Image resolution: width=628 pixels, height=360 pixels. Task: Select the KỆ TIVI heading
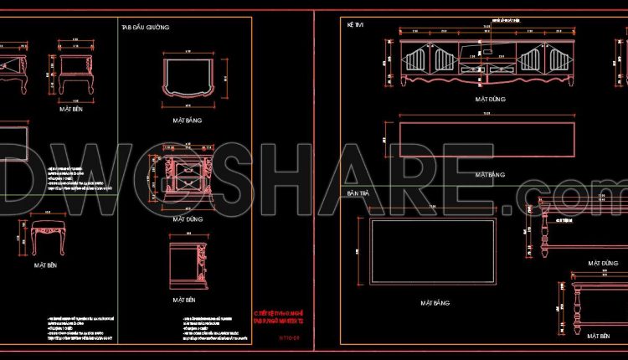[356, 26]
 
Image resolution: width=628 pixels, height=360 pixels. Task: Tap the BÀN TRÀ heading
[358, 193]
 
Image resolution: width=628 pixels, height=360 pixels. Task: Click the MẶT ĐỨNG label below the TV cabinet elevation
[489, 98]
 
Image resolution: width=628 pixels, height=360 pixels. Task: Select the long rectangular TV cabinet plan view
[488, 138]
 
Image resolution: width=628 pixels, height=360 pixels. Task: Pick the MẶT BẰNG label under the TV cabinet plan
[489, 175]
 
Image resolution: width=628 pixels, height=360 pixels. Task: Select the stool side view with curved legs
[48, 239]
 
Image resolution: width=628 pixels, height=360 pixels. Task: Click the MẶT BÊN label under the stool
[46, 265]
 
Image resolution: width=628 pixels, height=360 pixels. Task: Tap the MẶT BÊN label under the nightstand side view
[185, 299]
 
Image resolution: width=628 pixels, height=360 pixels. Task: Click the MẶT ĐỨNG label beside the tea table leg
[601, 262]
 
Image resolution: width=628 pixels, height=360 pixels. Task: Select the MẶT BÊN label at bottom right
[598, 336]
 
